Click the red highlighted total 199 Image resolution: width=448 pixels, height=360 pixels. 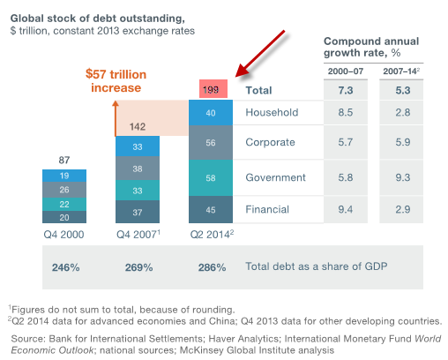[x=213, y=89]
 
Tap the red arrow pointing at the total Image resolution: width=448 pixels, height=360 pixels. [x=260, y=54]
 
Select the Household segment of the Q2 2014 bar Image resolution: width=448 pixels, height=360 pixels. [x=211, y=113]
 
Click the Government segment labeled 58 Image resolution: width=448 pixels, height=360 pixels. [x=211, y=178]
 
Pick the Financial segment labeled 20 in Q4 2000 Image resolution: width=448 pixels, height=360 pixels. [x=64, y=217]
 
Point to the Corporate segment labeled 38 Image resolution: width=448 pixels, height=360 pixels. [x=138, y=169]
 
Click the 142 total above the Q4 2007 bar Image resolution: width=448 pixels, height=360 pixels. [x=138, y=127]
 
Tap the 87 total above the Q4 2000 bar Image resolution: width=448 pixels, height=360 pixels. [x=64, y=160]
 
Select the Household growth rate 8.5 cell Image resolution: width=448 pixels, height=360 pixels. [x=346, y=112]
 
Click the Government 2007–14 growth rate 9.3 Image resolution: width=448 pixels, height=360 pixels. [x=403, y=177]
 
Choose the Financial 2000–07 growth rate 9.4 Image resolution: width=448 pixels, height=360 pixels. [x=346, y=209]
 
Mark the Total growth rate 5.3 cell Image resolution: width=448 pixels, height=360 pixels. [x=403, y=90]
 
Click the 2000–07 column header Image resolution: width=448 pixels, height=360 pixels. [x=346, y=71]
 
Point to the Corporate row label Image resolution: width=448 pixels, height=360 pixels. [x=270, y=142]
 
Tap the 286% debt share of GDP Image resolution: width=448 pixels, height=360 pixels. [x=212, y=267]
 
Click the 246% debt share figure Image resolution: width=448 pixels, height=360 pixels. [x=66, y=267]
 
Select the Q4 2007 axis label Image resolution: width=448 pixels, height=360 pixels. [x=138, y=234]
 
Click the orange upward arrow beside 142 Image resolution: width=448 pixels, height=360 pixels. [x=116, y=118]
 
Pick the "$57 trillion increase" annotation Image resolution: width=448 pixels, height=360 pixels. [x=116, y=81]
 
